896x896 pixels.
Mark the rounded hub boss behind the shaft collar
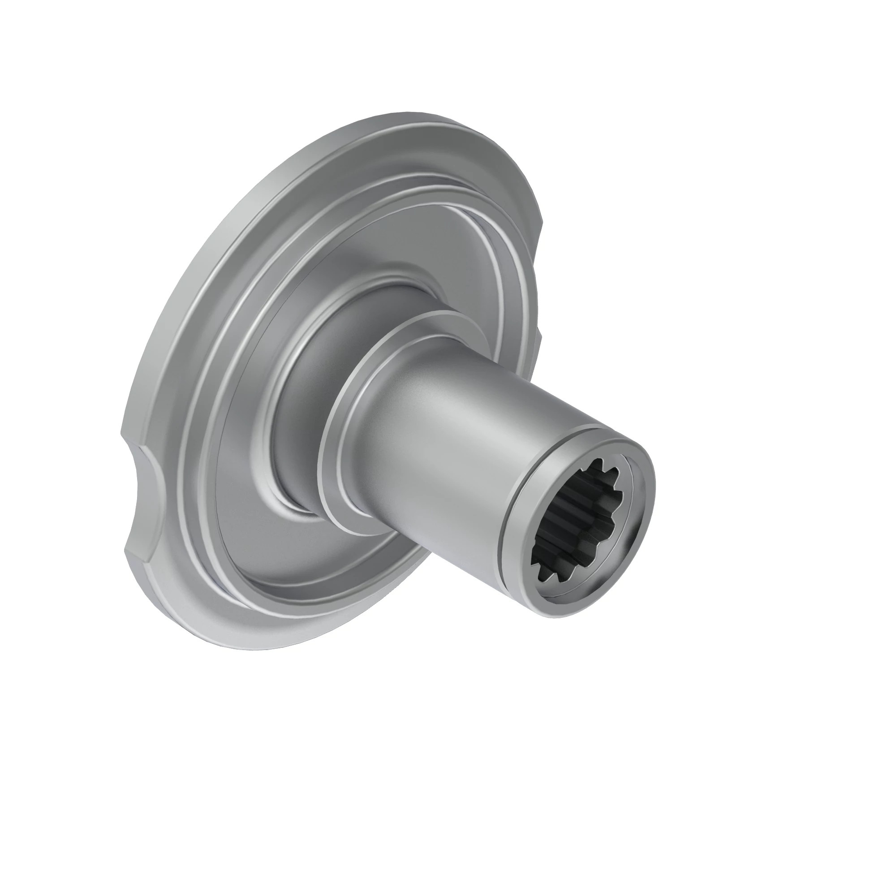pos(297,371)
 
